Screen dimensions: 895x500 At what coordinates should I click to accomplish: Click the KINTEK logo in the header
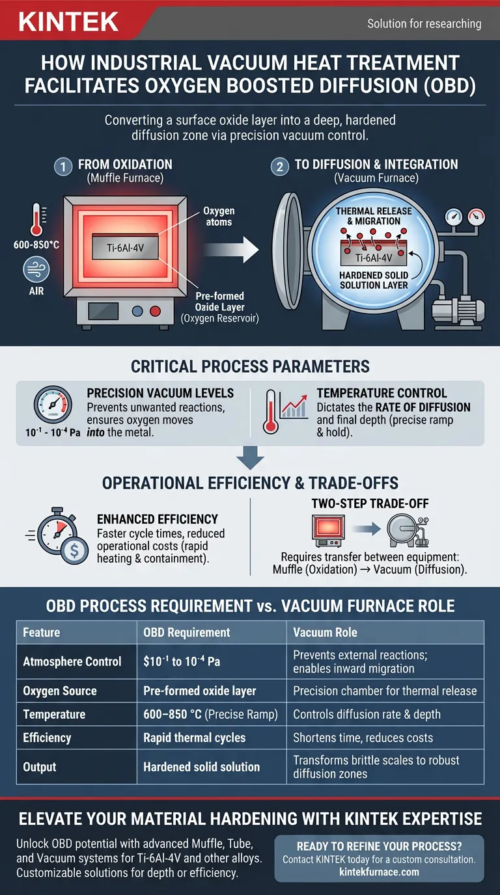tap(69, 22)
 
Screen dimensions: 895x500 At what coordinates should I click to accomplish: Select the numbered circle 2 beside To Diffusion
tap(279, 166)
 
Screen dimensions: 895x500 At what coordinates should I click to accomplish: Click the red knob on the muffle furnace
tap(155, 311)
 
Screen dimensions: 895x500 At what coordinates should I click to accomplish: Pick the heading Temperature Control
tap(382, 393)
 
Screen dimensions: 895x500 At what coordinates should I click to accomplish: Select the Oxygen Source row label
tap(60, 691)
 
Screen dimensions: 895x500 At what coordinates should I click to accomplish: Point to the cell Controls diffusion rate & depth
tap(367, 714)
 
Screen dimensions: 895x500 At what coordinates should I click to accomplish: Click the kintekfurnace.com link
tap(379, 872)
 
